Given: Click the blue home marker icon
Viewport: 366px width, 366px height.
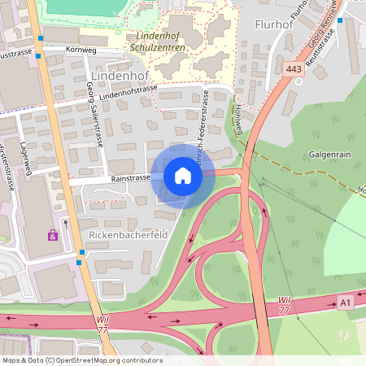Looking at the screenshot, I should pos(183,176).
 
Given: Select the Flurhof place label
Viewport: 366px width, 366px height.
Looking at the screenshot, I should pos(273,24).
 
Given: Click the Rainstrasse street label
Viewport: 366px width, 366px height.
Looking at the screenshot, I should pos(126,178).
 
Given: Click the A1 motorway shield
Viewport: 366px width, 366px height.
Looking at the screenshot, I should pos(346,303).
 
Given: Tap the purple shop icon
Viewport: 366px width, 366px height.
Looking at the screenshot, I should pos(54,235).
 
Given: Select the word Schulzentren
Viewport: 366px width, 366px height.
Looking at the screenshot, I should pos(157,48).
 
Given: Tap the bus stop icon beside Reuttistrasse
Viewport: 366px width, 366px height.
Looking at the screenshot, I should pos(341,20).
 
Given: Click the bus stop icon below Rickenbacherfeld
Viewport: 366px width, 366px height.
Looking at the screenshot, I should pos(81,262).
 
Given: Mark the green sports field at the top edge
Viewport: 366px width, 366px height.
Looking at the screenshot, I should pos(81,7).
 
